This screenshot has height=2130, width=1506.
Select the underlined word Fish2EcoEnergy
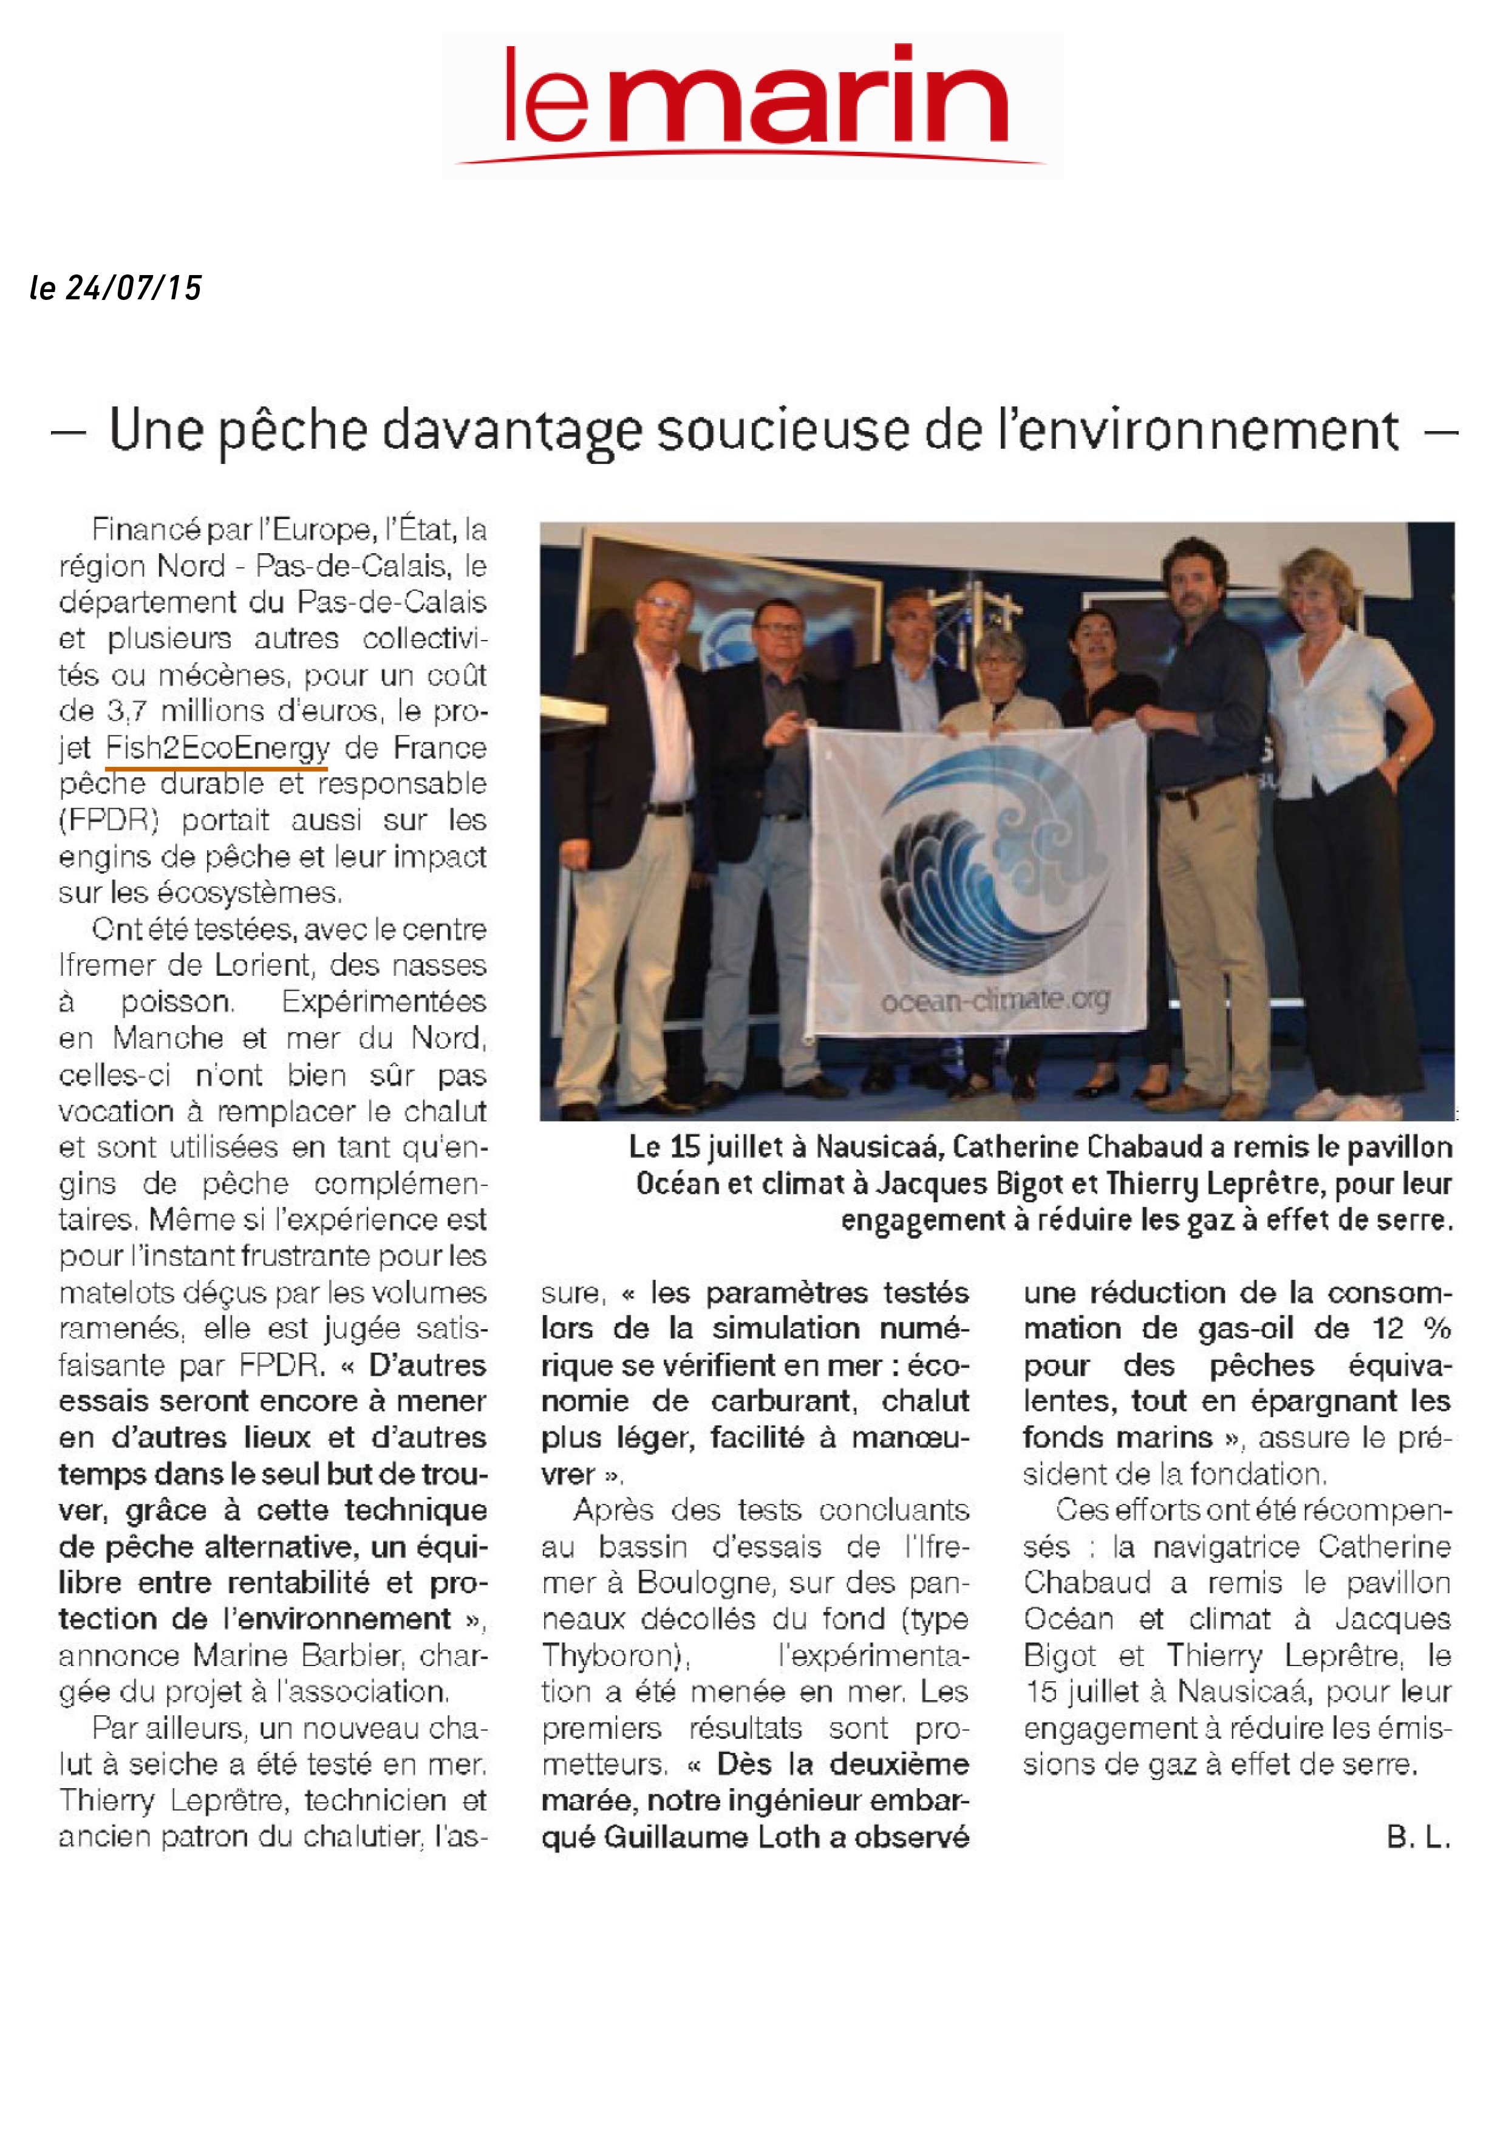[217, 747]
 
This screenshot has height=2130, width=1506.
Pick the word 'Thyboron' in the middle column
[613, 1655]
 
